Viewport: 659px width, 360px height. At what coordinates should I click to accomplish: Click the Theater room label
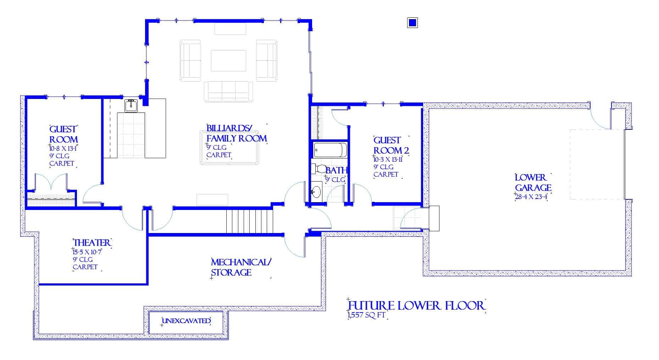pyautogui.click(x=92, y=243)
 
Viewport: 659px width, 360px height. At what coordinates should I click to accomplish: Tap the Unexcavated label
pyautogui.click(x=186, y=321)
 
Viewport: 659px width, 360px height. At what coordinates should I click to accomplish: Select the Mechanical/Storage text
pyautogui.click(x=241, y=267)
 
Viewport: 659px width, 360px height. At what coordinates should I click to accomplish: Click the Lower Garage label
pyautogui.click(x=533, y=182)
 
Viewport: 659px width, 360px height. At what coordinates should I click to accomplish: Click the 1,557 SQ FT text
pyautogui.click(x=366, y=315)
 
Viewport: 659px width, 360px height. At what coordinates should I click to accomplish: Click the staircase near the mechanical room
pyautogui.click(x=250, y=221)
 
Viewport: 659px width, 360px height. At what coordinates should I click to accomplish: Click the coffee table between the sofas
pyautogui.click(x=228, y=61)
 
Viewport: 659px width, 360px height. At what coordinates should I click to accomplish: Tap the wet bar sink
pyautogui.click(x=131, y=105)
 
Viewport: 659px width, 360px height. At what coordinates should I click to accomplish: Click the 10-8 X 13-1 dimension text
pyautogui.click(x=63, y=148)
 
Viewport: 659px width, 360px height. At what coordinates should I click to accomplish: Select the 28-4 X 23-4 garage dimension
pyautogui.click(x=531, y=197)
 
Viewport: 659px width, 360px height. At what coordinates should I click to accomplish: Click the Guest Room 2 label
pyautogui.click(x=391, y=145)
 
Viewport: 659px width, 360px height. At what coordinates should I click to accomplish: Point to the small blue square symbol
pyautogui.click(x=412, y=23)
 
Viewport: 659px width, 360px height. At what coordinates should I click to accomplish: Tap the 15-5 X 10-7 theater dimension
pyautogui.click(x=87, y=252)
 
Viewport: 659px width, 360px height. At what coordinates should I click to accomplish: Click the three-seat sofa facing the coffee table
pyautogui.click(x=228, y=92)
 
